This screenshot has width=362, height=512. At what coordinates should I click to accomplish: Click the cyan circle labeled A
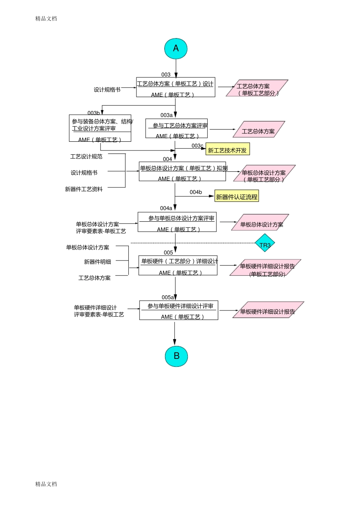tap(176, 48)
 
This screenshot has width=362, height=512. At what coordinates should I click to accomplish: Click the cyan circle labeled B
tap(176, 356)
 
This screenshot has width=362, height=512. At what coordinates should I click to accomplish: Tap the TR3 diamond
tap(265, 245)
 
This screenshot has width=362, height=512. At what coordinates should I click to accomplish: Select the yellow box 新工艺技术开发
tap(227, 150)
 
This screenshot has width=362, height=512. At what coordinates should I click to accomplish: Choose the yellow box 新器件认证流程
tap(237, 197)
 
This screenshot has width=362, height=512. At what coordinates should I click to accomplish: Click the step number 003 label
tap(166, 75)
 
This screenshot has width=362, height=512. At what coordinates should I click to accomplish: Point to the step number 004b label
tap(196, 192)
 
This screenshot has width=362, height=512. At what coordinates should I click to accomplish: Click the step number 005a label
tap(168, 297)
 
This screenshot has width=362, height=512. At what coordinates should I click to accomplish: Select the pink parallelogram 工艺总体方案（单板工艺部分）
tap(257, 89)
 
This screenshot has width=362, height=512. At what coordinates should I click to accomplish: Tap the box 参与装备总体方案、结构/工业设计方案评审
tap(100, 128)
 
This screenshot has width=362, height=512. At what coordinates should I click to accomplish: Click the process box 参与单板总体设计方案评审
tap(177, 222)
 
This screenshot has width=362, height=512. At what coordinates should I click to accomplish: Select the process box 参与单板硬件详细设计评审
tap(179, 310)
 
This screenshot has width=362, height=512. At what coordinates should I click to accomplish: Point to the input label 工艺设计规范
tap(86, 157)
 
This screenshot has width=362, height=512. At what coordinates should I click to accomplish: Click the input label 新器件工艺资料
tap(84, 189)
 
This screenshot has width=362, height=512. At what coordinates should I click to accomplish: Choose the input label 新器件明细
tap(98, 262)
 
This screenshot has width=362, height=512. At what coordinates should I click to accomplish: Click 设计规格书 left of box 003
tap(107, 90)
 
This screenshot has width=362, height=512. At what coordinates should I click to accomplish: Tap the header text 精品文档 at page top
tap(46, 18)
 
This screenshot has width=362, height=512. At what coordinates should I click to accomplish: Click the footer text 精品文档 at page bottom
tap(46, 484)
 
